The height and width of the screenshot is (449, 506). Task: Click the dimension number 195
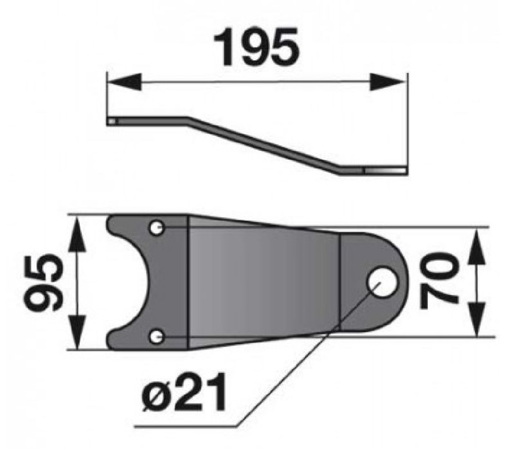[257, 47]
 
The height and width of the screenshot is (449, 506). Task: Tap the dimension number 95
[44, 282]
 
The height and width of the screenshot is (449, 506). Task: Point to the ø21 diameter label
[184, 392]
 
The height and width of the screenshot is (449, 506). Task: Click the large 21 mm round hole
[382, 282]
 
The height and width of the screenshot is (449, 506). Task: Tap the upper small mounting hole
[156, 228]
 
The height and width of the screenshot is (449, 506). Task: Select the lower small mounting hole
[157, 337]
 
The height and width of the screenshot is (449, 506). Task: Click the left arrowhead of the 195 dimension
[125, 82]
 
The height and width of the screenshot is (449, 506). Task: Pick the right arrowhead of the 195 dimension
[387, 82]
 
